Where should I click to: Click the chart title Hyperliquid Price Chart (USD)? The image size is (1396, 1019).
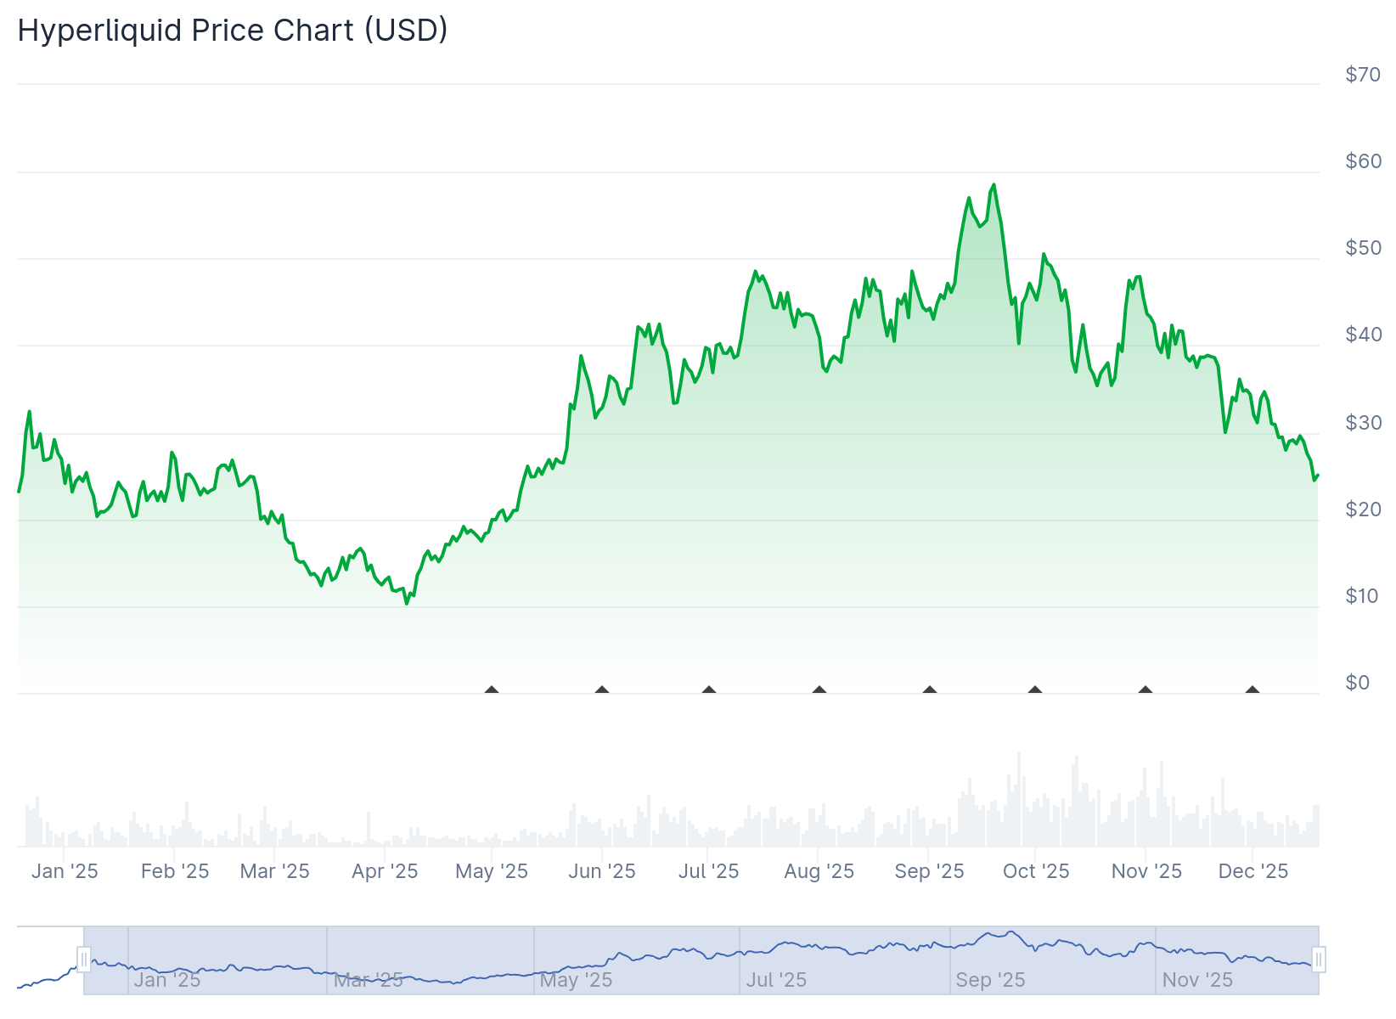pyautogui.click(x=233, y=31)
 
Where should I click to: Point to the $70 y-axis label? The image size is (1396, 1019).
pyautogui.click(x=1363, y=75)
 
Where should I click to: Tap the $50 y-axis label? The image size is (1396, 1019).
pyautogui.click(x=1363, y=248)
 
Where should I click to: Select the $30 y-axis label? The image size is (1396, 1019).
pyautogui.click(x=1363, y=423)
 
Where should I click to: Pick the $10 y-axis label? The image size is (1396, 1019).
pyautogui.click(x=1363, y=596)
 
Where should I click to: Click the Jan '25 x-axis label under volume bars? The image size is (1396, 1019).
pyautogui.click(x=65, y=871)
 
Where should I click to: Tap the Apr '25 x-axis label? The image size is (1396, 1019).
pyautogui.click(x=385, y=871)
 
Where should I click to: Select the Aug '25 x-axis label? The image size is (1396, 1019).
pyautogui.click(x=819, y=871)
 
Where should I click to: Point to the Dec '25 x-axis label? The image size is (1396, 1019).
pyautogui.click(x=1252, y=871)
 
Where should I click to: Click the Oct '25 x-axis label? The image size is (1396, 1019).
pyautogui.click(x=1036, y=871)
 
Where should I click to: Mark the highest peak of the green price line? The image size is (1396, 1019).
pyautogui.click(x=994, y=184)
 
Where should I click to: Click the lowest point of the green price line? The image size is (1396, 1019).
pyautogui.click(x=407, y=603)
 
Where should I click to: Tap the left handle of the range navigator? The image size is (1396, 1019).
pyautogui.click(x=84, y=960)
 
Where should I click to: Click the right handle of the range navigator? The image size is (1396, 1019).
pyautogui.click(x=1319, y=960)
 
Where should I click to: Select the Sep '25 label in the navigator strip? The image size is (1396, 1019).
pyautogui.click(x=990, y=980)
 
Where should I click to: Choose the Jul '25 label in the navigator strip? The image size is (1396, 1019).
pyautogui.click(x=776, y=980)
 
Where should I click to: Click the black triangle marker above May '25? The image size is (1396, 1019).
pyautogui.click(x=492, y=690)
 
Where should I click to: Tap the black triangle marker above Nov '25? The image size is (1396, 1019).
pyautogui.click(x=1146, y=690)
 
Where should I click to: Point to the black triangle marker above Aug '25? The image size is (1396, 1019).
pyautogui.click(x=819, y=690)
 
